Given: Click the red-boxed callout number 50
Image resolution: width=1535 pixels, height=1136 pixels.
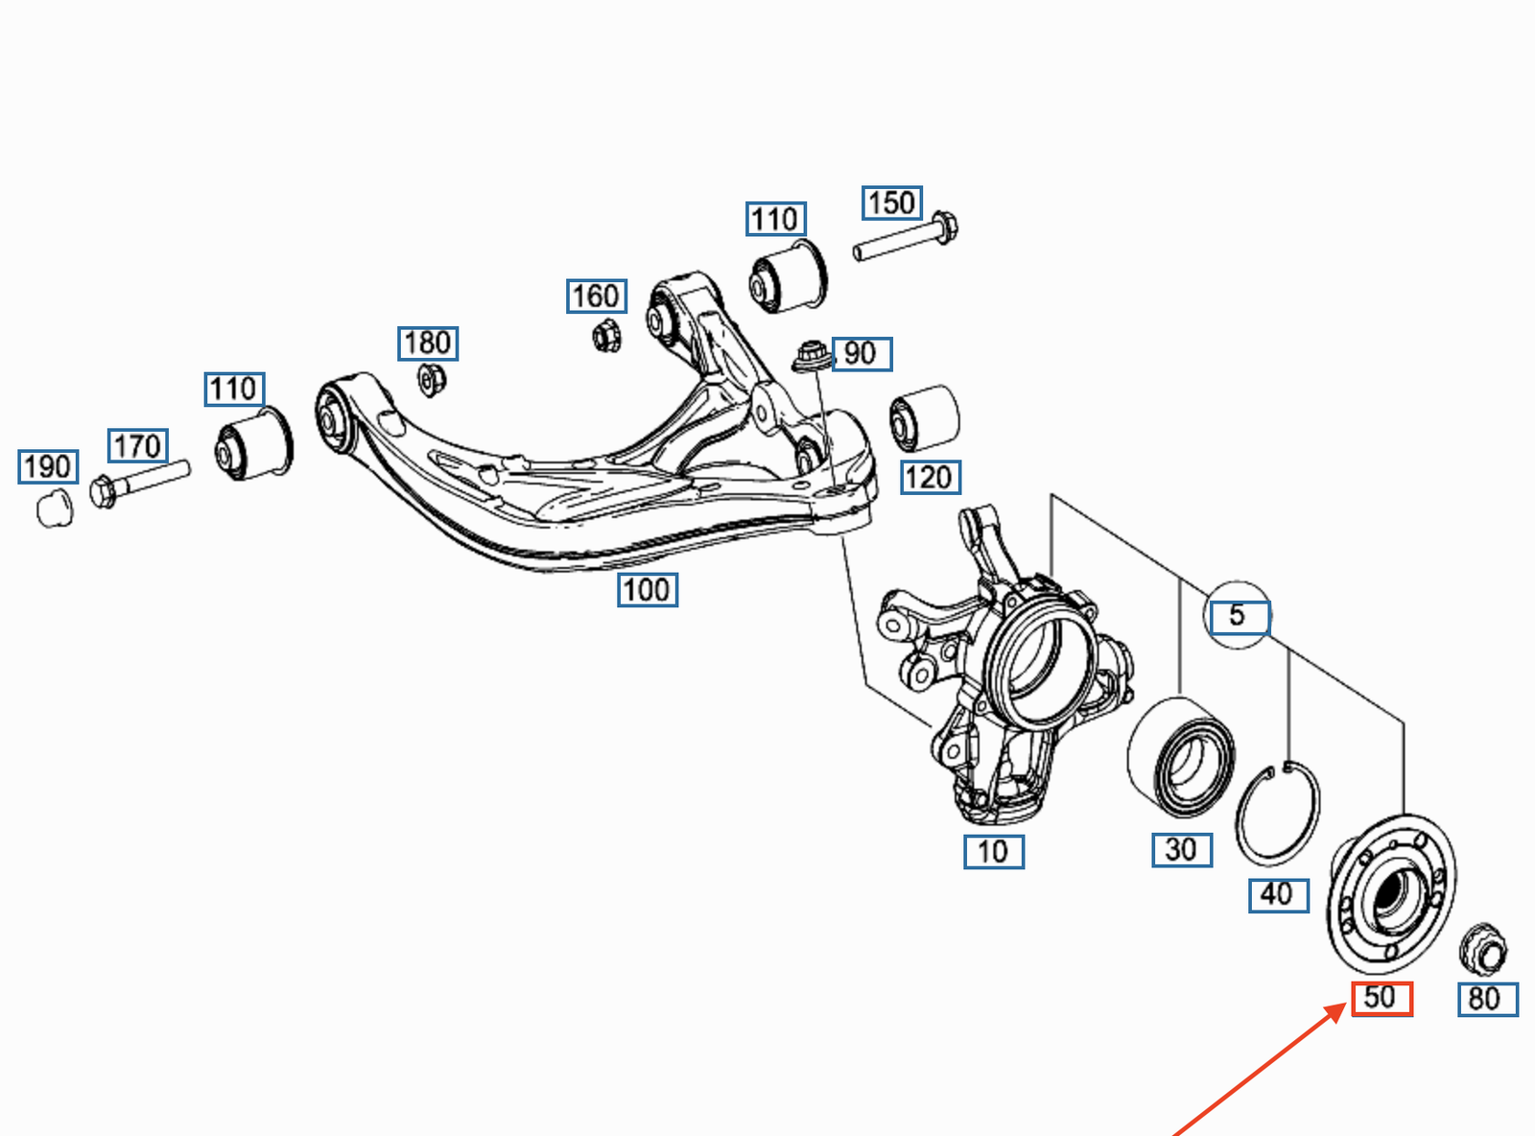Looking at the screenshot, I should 1381,999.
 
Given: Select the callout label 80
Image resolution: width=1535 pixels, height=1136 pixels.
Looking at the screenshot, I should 1487,999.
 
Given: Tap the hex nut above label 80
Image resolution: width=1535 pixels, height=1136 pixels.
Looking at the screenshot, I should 1482,949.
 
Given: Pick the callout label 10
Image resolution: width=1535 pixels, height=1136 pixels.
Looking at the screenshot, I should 993,851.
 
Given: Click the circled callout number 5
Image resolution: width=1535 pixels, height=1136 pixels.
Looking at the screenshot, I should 1238,615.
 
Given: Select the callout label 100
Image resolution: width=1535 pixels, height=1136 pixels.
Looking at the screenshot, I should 647,589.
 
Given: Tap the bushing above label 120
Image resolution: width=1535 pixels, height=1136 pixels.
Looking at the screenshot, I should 925,417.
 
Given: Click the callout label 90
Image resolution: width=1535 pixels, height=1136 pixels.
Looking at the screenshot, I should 861,354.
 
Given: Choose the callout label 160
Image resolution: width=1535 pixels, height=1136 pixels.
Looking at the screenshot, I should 596,296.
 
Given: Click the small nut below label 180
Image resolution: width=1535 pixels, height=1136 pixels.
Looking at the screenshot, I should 432,380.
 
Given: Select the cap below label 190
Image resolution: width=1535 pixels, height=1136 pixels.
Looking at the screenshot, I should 55,508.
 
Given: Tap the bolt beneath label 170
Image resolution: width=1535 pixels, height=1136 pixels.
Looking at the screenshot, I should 139,481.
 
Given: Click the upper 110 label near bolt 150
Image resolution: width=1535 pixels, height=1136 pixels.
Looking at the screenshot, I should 775,219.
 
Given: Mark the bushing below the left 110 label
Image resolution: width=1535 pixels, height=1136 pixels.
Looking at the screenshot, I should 253,442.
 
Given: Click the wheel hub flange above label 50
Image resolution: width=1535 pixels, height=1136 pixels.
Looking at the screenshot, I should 1391,892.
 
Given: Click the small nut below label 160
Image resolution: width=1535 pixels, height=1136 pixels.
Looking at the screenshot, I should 606,336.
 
